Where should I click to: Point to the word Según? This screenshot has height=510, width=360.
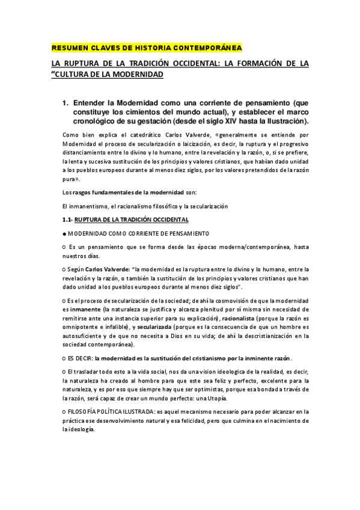click(76, 269)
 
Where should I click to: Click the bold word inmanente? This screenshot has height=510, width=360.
click(85, 309)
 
